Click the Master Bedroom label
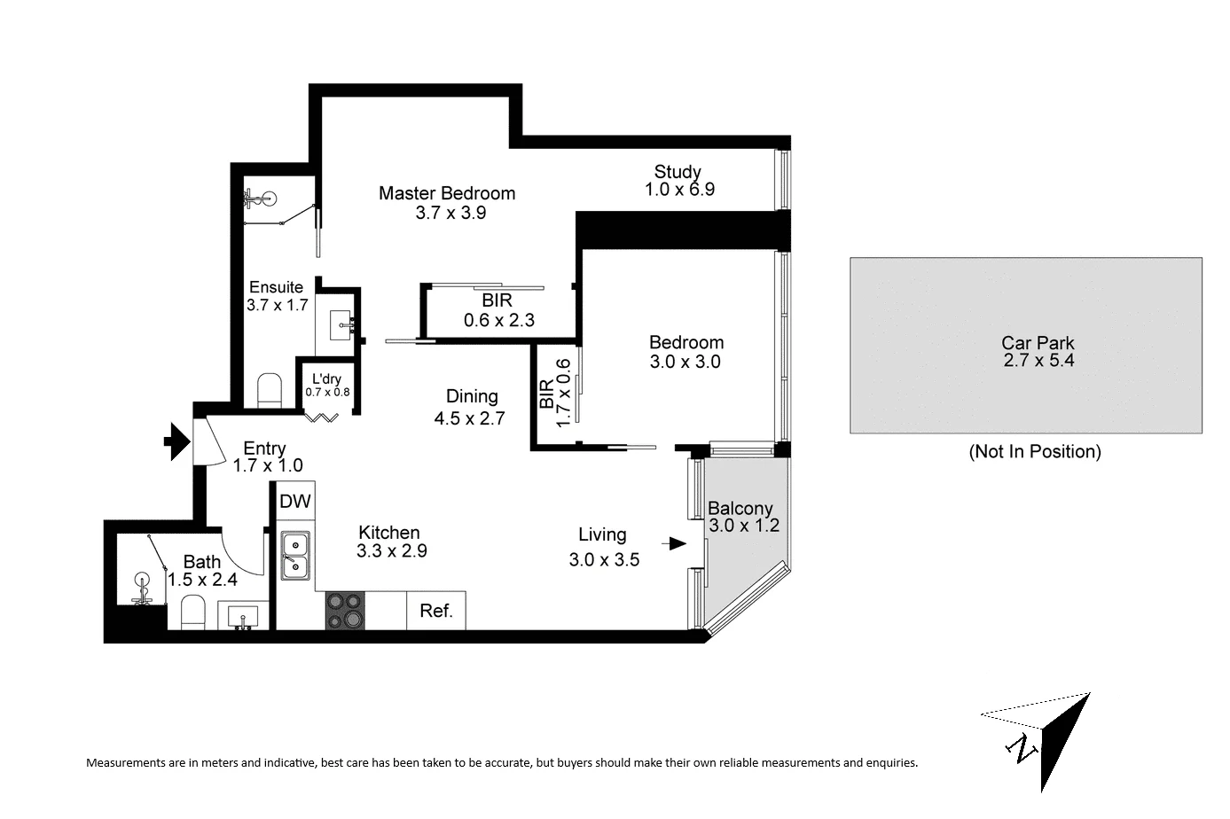pyautogui.click(x=446, y=193)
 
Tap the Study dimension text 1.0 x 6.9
pyautogui.click(x=679, y=189)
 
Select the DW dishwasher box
pyautogui.click(x=295, y=502)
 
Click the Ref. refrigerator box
pyautogui.click(x=436, y=611)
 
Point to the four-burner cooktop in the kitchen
pyautogui.click(x=346, y=610)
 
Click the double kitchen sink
pyautogui.click(x=295, y=555)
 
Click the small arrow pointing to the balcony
pyautogui.click(x=677, y=543)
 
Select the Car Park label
pyautogui.click(x=1038, y=342)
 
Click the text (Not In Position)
pyautogui.click(x=1035, y=451)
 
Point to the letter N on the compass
pyautogui.click(x=1024, y=749)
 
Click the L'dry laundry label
pyautogui.click(x=327, y=379)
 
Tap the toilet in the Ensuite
pyautogui.click(x=269, y=390)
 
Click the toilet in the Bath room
pyautogui.click(x=192, y=611)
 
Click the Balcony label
pyautogui.click(x=740, y=509)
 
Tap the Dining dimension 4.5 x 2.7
pyautogui.click(x=469, y=418)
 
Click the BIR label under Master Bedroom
pyautogui.click(x=497, y=300)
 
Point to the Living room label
pyautogui.click(x=602, y=534)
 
